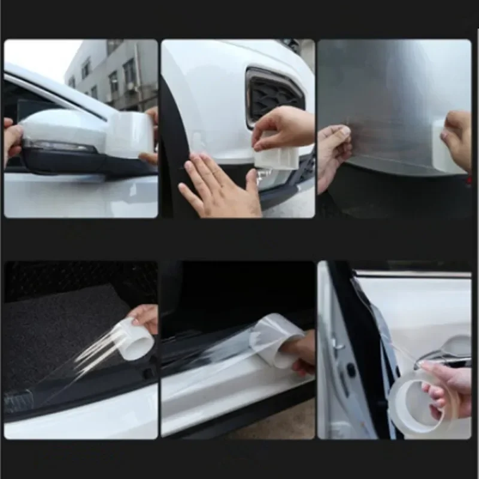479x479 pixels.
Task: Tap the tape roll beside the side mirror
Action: point(129,135)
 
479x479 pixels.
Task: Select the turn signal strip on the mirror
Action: point(57,146)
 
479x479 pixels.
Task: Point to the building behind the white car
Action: point(114,72)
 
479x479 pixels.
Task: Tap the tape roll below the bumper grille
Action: point(275,157)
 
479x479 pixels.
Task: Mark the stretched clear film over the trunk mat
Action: point(90,359)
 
